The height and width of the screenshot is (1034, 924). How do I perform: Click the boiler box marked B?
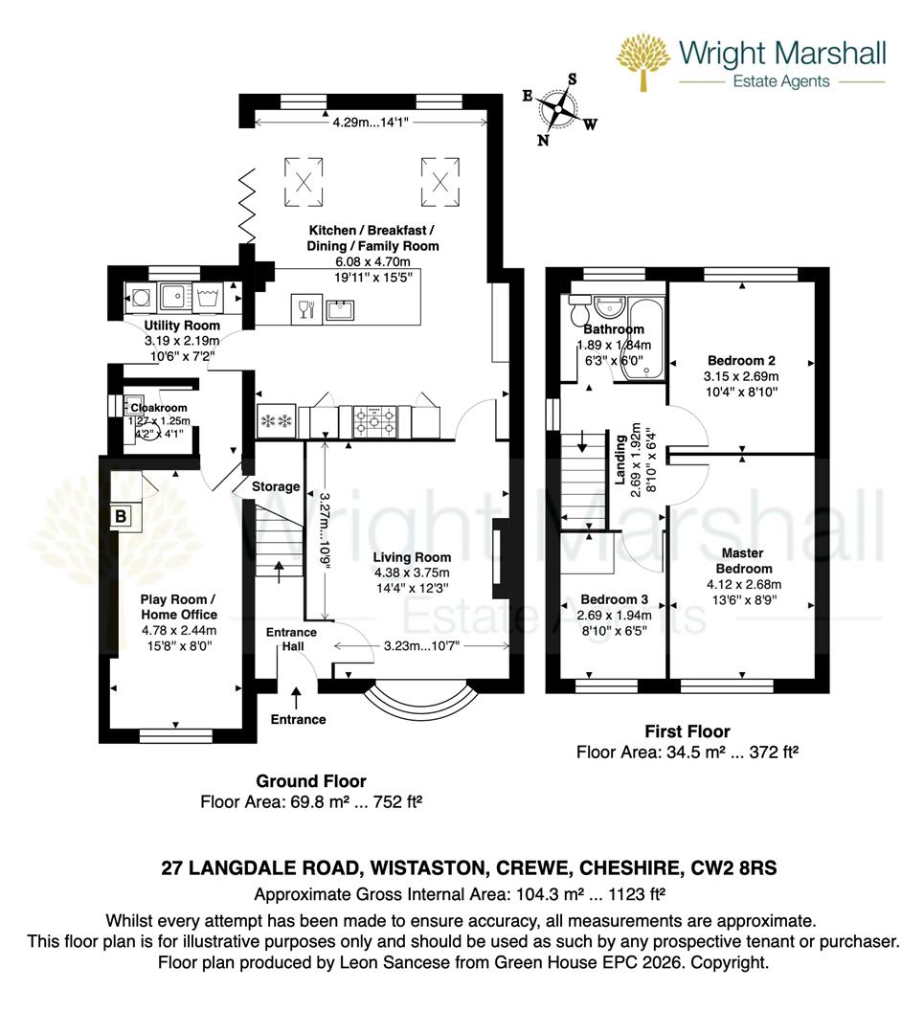(x=121, y=516)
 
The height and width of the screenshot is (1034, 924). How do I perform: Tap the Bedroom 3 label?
(x=616, y=600)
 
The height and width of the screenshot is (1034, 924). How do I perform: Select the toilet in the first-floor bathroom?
(x=578, y=311)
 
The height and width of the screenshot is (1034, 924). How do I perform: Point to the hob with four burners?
(x=375, y=418)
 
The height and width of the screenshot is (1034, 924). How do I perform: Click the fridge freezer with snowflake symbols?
(x=277, y=419)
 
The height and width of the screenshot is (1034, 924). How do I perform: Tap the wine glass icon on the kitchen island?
(x=305, y=308)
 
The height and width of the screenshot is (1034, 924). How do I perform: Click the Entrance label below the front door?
(x=298, y=719)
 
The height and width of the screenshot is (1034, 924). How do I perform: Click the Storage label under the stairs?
(x=276, y=486)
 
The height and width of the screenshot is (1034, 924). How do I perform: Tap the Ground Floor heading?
(x=311, y=781)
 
